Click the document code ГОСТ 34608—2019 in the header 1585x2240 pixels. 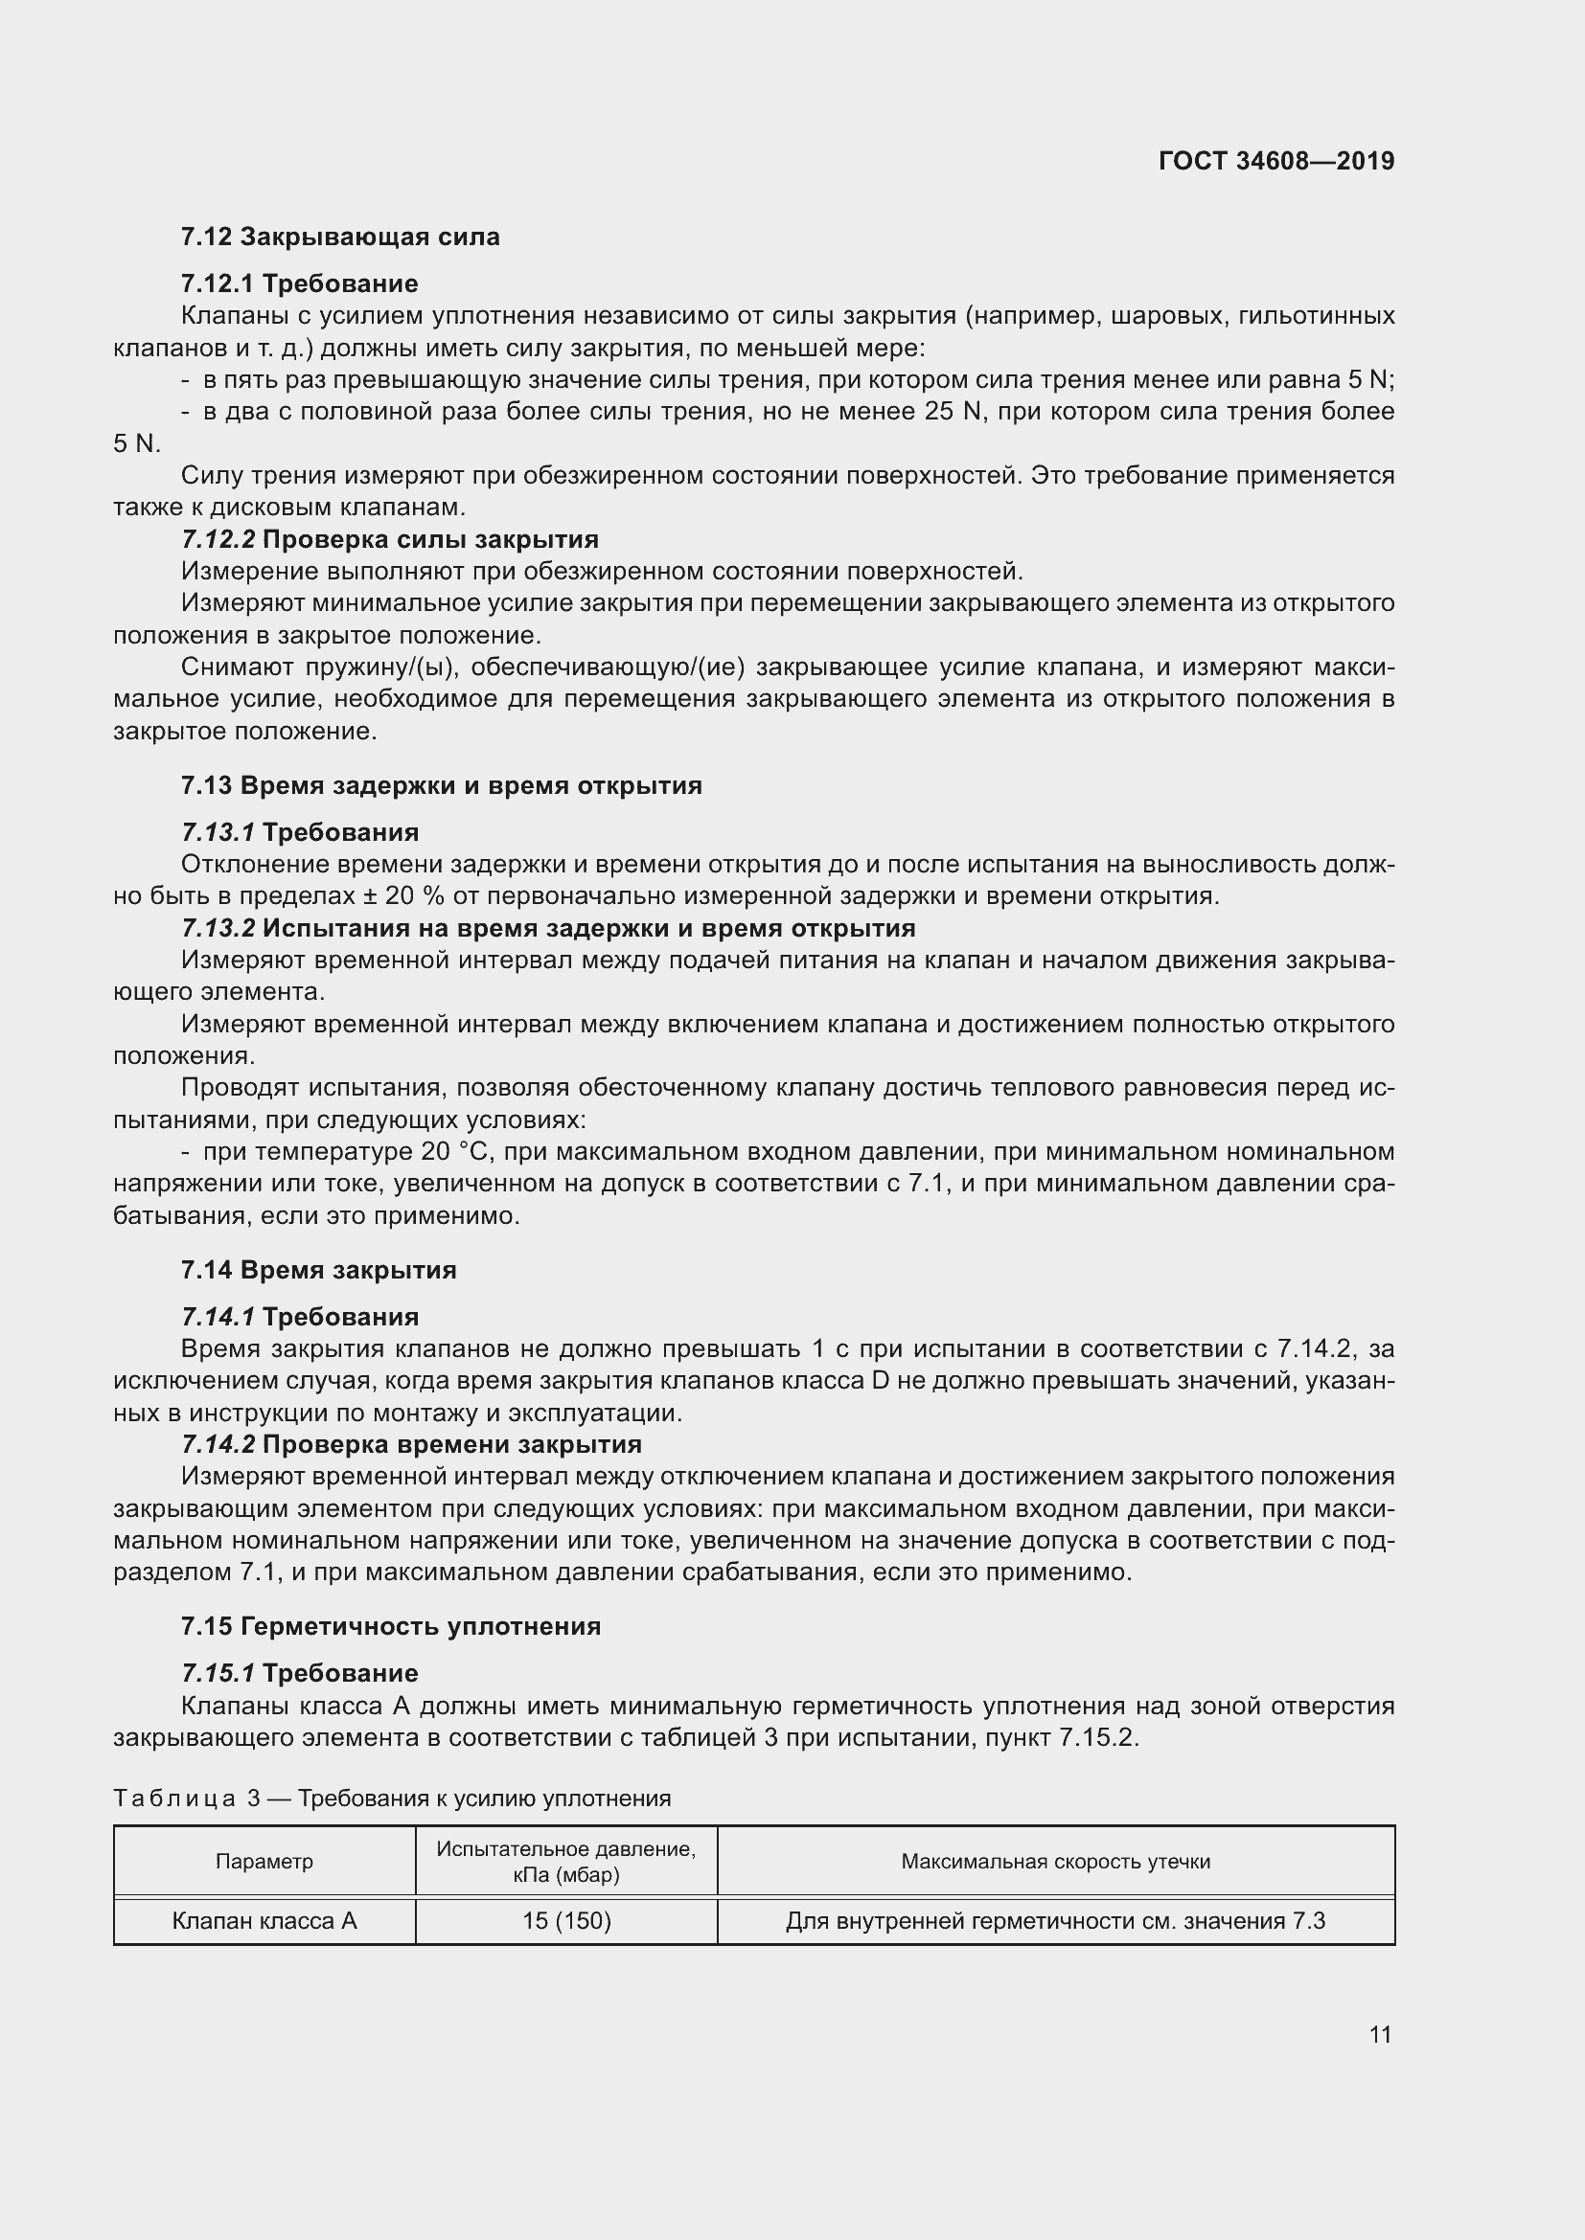1275,161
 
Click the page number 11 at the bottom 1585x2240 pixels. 1379,2034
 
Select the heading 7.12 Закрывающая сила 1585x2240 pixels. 339,238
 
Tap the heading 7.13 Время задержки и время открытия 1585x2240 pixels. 441,785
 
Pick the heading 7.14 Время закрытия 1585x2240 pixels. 318,1269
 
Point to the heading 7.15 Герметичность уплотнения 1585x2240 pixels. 390,1626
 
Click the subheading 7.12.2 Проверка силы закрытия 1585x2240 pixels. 389,539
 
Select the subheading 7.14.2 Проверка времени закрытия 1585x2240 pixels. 411,1444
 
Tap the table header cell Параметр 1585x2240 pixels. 264,1861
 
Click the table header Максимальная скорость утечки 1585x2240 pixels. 1055,1861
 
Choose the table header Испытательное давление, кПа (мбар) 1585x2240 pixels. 566,1862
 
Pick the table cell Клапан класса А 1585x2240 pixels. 264,1921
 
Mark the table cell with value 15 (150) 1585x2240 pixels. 566,1921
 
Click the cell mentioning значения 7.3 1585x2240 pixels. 1055,1921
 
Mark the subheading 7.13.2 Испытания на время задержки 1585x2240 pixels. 547,928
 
